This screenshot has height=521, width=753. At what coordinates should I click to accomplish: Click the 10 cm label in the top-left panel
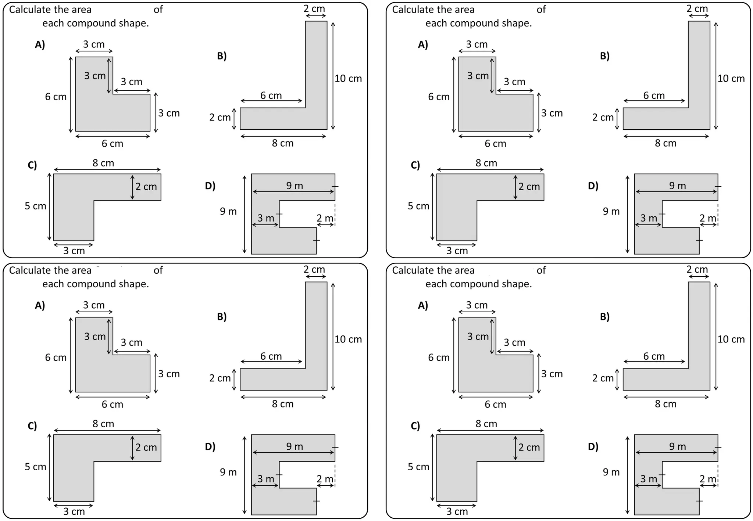[x=348, y=79]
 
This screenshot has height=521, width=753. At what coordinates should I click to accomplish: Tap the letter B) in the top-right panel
[x=605, y=56]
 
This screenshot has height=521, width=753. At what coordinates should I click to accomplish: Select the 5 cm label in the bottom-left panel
[x=35, y=467]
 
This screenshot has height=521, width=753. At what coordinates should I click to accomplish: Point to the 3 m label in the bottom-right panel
[x=649, y=479]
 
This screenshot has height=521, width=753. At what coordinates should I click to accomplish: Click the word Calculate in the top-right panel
[x=414, y=10]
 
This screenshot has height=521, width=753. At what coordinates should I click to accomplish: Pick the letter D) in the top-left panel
[x=210, y=186]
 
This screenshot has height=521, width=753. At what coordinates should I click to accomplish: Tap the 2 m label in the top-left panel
[x=325, y=219]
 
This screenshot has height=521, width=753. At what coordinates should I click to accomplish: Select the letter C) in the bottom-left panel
[x=32, y=426]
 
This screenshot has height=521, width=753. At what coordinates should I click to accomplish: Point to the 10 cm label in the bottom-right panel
[x=731, y=339]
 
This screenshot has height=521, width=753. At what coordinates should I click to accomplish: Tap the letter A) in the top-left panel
[x=40, y=45]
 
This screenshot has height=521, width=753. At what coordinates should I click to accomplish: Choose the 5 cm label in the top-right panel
[x=418, y=206]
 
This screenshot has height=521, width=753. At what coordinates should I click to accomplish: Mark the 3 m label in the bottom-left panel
[x=265, y=479]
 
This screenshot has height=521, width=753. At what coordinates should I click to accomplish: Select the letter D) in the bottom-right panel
[x=593, y=447]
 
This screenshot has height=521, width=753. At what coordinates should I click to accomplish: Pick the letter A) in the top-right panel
[x=423, y=45]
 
